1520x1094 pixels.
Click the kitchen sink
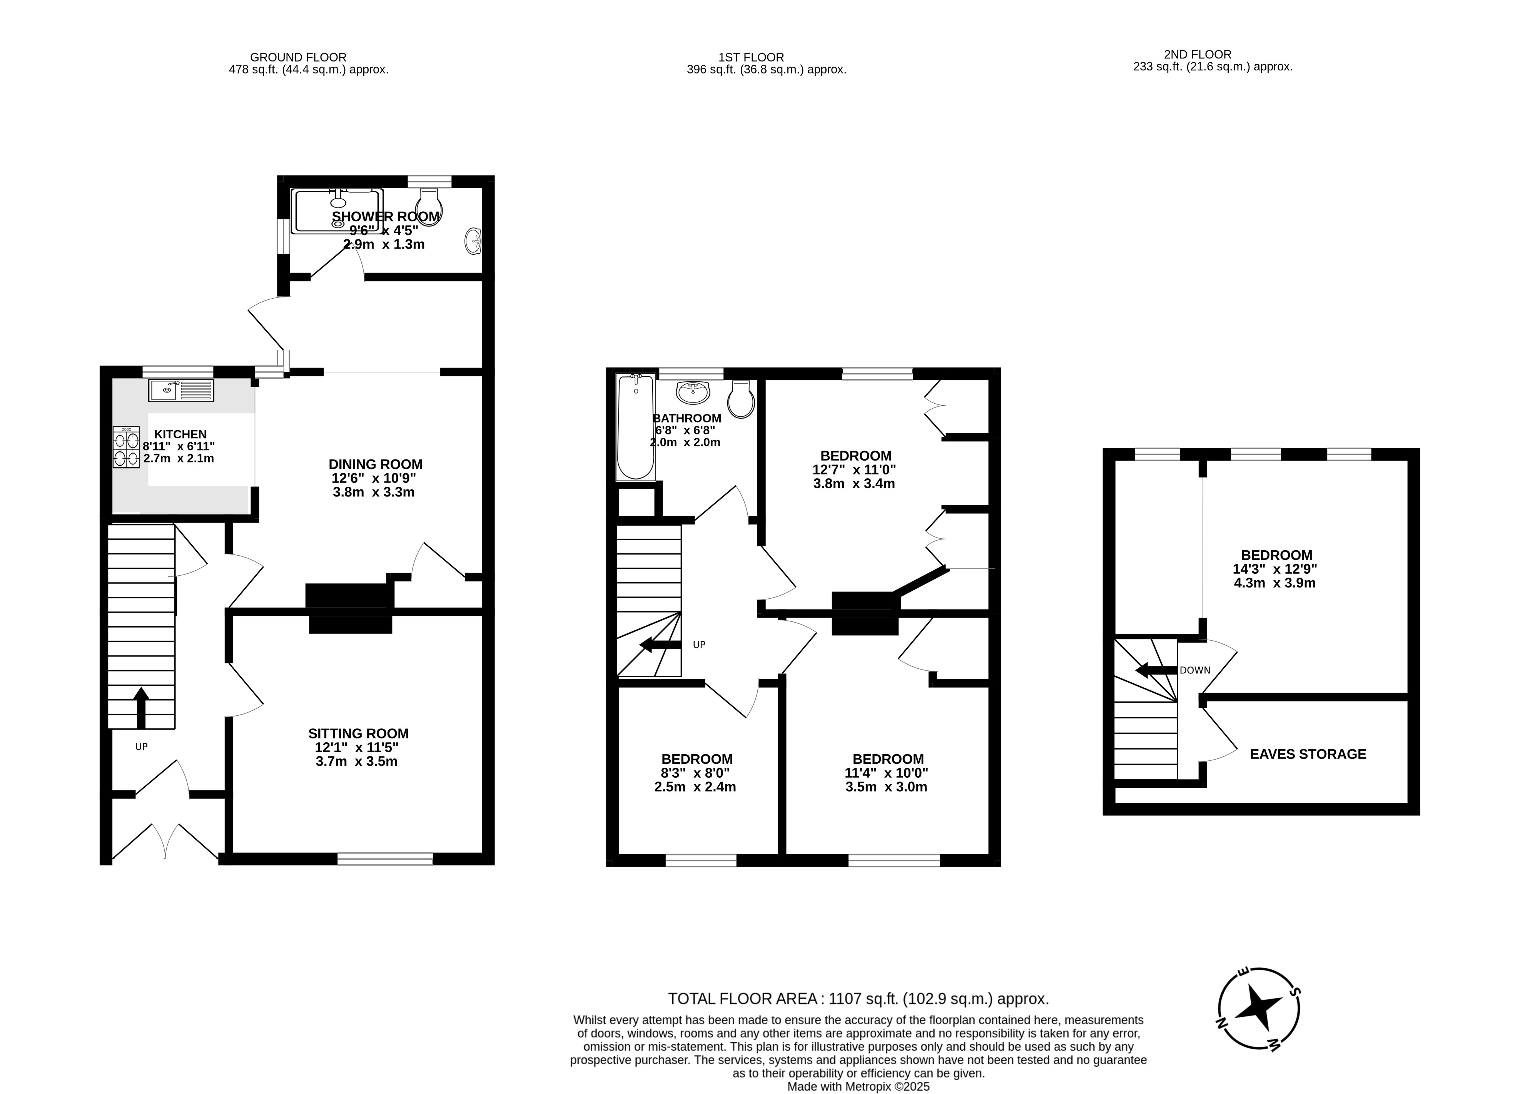[181, 390]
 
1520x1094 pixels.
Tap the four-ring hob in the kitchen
[126, 447]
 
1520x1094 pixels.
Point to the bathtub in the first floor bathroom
[635, 427]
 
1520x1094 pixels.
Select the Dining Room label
[375, 464]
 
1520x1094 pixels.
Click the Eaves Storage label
[1308, 754]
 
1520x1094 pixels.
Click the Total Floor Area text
[858, 999]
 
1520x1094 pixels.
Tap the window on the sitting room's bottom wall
[385, 859]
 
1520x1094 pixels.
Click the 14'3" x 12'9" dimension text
[1275, 569]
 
